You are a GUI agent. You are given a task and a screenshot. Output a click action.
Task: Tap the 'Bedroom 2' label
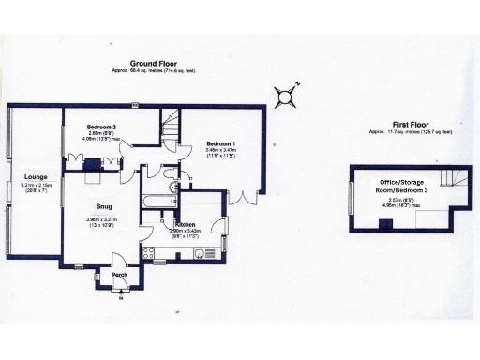(100, 127)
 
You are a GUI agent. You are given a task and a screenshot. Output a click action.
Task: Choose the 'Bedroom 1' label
(221, 142)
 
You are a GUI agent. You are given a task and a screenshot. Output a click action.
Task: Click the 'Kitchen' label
(185, 225)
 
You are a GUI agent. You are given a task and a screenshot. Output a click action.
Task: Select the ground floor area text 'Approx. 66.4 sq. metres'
(156, 69)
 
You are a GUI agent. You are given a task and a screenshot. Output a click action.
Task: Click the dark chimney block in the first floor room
(385, 223)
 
